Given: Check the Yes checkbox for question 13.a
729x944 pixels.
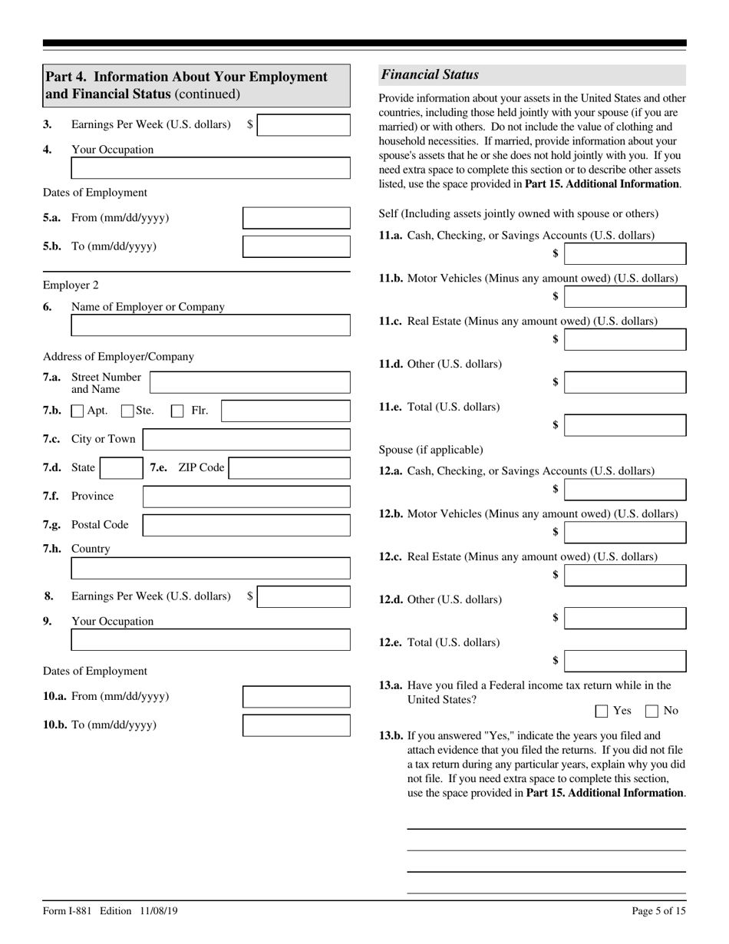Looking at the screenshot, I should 602,711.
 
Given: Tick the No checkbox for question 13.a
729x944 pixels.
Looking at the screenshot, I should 652,711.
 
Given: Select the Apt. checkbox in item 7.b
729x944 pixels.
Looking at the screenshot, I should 78,411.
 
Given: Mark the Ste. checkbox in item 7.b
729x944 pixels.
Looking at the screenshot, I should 128,411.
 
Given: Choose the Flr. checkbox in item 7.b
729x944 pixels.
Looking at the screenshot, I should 177,411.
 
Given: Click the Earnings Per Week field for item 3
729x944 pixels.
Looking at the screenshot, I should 303,125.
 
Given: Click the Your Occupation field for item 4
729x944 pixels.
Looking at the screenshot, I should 210,168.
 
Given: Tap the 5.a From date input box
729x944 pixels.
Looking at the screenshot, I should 296,218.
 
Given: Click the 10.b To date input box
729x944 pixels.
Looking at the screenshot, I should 296,725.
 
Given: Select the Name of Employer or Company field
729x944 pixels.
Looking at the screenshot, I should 210,325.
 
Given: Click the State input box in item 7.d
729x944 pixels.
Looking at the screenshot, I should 120,468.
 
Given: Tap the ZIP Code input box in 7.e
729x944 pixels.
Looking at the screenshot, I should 289,468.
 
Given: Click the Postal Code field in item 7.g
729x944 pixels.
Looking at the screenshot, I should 246,526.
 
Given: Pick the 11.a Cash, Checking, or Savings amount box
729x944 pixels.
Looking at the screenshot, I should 625,254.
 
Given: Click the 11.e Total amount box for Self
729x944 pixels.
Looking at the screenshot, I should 625,425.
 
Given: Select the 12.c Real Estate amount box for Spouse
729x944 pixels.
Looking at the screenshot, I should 625,576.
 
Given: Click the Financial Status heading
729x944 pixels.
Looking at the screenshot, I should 430,75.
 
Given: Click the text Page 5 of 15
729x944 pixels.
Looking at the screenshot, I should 658,911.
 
